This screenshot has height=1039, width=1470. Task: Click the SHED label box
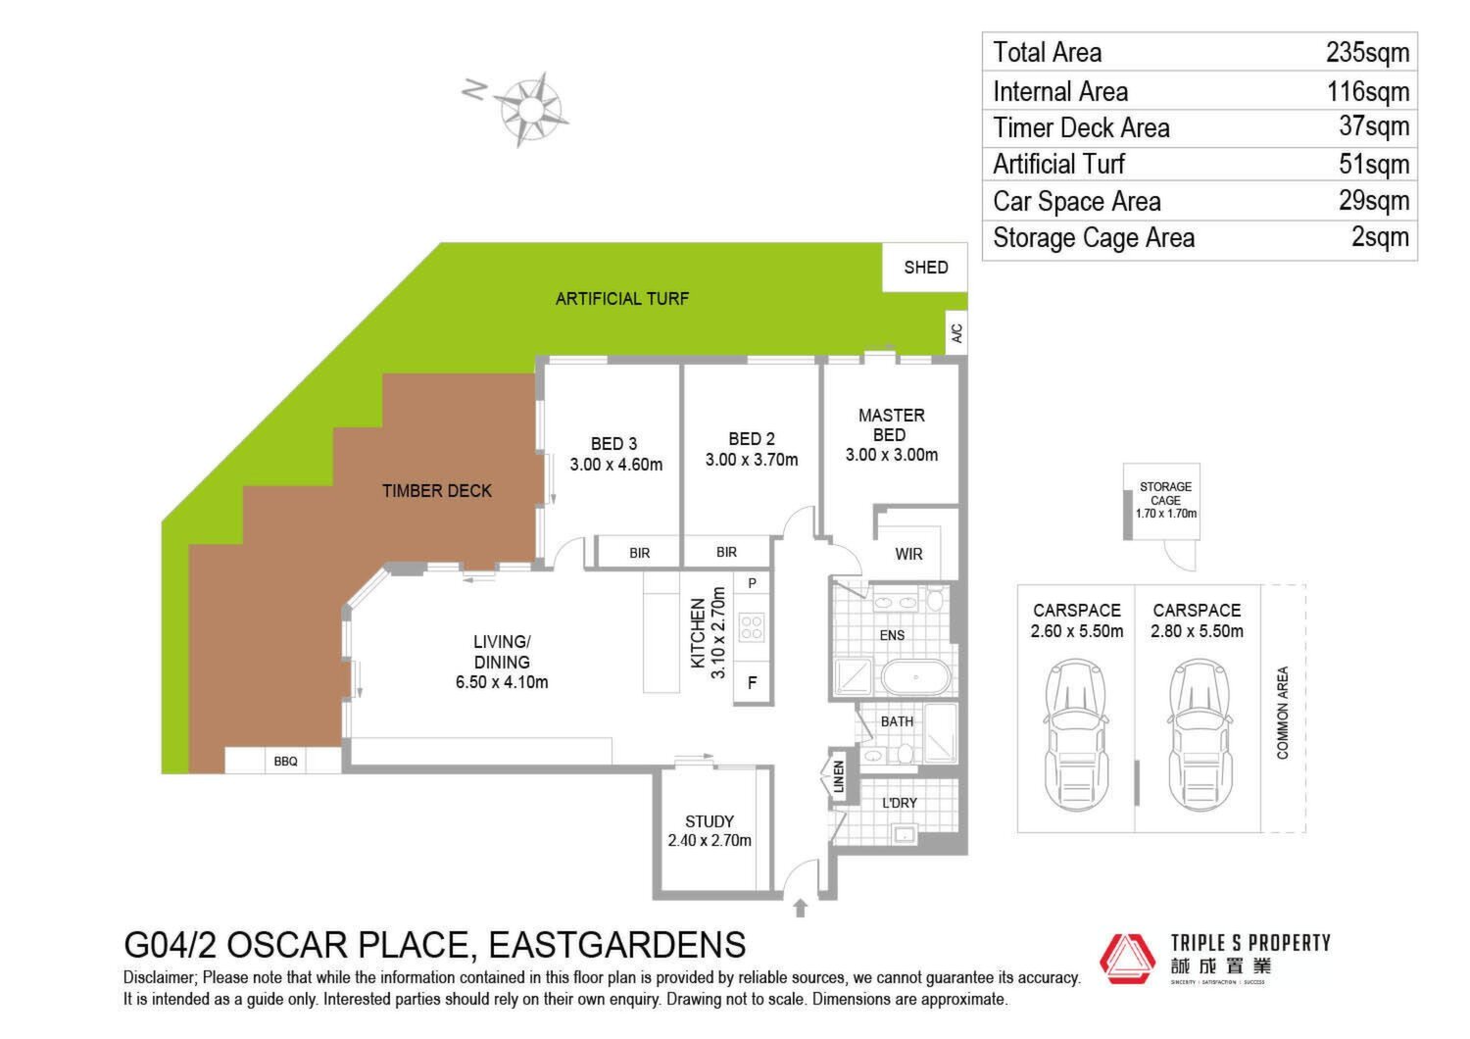pos(925,268)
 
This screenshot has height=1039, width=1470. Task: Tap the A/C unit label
pos(956,332)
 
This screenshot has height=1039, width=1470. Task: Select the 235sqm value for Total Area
pos(1367,53)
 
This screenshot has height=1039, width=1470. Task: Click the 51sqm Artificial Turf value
pos(1374,164)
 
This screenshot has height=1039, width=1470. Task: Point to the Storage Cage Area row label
pos(1094,237)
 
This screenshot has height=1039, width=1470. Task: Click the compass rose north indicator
pos(473,89)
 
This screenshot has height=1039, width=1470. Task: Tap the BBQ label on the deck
pos(285,762)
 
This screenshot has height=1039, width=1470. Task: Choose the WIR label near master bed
pos(908,554)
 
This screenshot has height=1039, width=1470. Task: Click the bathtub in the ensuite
pos(915,676)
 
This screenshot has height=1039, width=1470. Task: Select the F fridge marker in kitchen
pos(752,682)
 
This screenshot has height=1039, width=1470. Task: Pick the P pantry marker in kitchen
pos(752,583)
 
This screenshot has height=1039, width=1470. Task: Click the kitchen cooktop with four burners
pos(752,627)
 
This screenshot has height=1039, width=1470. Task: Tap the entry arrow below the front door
pos(800,908)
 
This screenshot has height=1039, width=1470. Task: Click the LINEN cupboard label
pos(838,776)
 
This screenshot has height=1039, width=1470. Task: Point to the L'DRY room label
pos(899,803)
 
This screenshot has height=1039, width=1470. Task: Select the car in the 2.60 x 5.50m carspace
pos(1076,736)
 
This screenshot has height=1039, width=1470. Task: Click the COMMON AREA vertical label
pos(1282,713)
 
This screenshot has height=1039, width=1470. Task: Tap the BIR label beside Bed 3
pos(639,553)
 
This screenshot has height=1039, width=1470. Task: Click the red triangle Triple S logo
pos(1127,959)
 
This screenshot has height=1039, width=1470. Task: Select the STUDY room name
pos(710,821)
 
